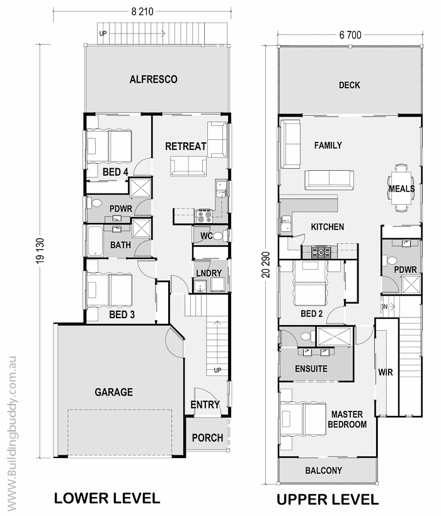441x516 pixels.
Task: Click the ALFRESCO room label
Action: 153,79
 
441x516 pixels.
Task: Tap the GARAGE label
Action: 114,392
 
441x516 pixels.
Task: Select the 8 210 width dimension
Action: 142,11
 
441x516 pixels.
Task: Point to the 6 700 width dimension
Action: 350,35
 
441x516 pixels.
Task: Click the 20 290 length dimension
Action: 266,265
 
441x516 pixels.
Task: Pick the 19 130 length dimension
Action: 40,251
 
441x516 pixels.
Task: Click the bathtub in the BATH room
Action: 95,241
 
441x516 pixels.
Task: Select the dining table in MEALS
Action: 401,188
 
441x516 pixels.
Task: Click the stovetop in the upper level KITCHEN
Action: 321,253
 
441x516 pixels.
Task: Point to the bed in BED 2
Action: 310,283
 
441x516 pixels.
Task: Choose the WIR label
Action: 386,372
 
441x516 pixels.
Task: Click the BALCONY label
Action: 324,470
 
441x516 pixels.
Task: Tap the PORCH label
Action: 207,438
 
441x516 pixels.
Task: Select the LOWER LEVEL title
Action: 107,498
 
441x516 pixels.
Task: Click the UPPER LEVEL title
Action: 328,500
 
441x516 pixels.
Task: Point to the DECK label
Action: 350,85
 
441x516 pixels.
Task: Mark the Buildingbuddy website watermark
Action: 11,433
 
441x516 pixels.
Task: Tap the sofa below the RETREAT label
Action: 188,166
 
